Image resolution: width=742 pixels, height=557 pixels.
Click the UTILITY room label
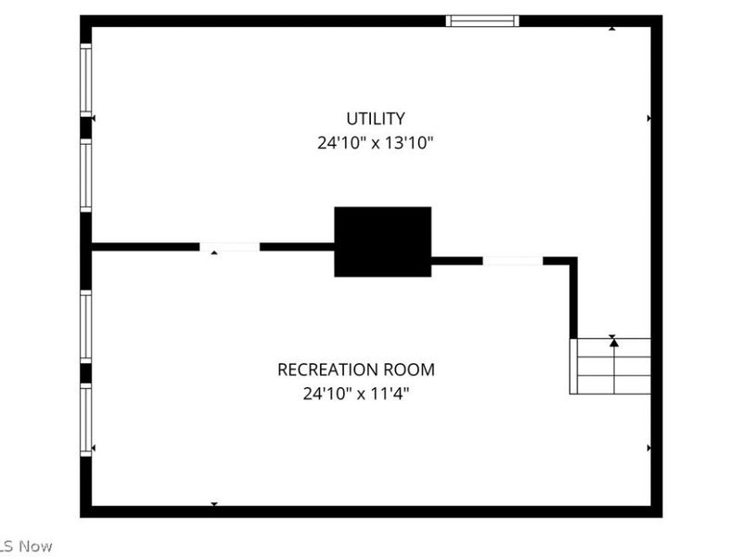click(375, 119)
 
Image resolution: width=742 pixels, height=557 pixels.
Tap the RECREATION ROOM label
click(355, 369)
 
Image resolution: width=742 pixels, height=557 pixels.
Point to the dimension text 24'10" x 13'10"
click(375, 144)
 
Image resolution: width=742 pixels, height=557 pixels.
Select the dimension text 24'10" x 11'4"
click(355, 394)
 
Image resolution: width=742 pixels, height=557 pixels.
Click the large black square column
click(382, 241)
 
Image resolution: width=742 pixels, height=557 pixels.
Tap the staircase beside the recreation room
click(610, 366)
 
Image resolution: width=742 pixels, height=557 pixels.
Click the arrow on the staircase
click(613, 343)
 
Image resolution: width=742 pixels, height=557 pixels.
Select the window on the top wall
click(482, 20)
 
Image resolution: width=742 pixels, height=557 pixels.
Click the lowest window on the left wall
click(85, 421)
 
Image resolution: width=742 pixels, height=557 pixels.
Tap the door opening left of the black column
click(230, 247)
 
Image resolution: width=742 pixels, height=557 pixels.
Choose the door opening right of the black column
click(512, 261)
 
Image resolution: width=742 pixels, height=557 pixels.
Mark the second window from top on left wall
click(85, 175)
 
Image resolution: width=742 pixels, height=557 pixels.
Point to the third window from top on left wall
click(85, 326)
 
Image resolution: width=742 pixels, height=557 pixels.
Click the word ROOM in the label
click(411, 369)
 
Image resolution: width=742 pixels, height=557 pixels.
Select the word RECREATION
click(330, 369)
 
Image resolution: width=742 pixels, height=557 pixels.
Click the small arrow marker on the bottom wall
click(214, 504)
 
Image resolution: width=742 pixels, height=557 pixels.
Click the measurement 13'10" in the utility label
click(405, 144)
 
